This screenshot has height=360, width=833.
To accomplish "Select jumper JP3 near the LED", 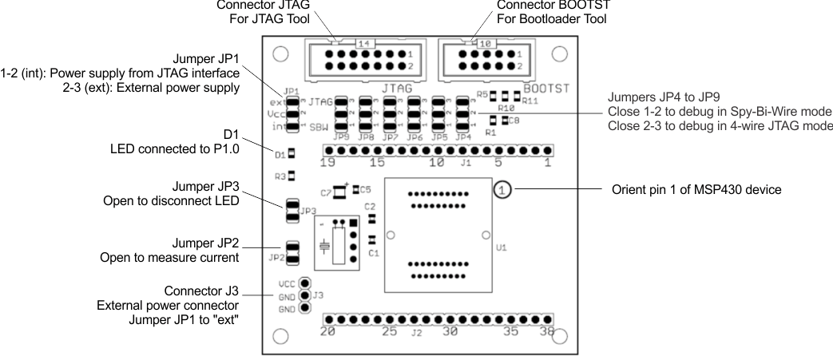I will click(292, 211).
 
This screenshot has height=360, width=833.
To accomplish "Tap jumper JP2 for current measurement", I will click(292, 255).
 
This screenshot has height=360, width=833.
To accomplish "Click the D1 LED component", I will click(292, 152).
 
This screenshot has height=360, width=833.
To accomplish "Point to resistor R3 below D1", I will click(292, 175).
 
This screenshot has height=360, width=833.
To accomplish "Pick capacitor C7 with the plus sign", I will click(339, 191).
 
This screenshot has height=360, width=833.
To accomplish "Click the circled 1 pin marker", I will click(502, 190).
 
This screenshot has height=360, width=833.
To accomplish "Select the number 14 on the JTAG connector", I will click(364, 43).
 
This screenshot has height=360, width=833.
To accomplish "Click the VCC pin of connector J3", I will click(304, 283).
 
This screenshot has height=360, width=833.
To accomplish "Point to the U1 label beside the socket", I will click(501, 248).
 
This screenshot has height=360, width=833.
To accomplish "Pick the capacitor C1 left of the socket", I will click(371, 240).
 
